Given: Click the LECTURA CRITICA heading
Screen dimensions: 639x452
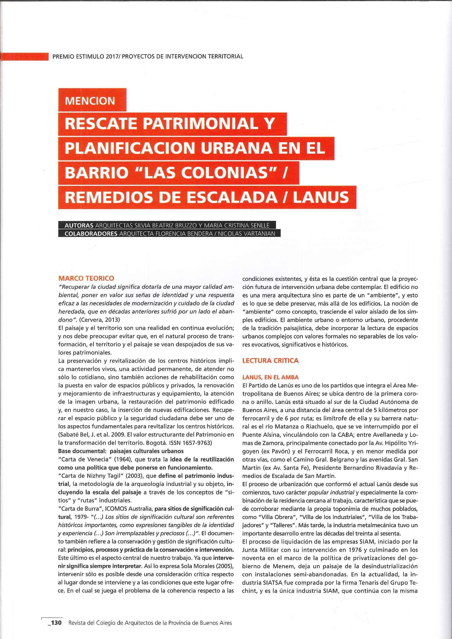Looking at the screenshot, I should coord(270,360).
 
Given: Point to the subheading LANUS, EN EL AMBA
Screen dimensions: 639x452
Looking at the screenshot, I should coord(270,377).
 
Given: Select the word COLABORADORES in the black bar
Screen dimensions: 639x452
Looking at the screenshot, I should coord(91,233).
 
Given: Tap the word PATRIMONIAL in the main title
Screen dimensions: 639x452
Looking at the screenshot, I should coord(200,124).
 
